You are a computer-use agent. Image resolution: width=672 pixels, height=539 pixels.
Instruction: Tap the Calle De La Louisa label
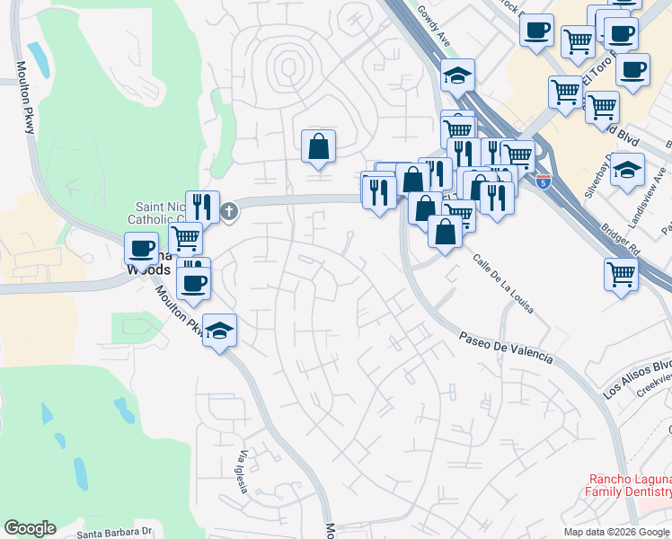[503, 284]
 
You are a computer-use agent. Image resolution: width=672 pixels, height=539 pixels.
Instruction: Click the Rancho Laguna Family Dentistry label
[628, 485]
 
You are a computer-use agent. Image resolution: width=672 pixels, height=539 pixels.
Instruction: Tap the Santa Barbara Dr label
[114, 532]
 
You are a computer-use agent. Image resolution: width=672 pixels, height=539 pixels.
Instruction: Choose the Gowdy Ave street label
[435, 26]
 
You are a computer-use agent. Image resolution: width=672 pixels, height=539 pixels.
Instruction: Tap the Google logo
[30, 528]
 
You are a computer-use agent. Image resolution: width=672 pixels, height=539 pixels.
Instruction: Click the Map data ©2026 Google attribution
[616, 532]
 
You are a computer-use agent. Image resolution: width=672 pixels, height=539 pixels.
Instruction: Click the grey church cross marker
[230, 212]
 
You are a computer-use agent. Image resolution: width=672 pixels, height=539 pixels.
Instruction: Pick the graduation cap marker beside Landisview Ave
[628, 168]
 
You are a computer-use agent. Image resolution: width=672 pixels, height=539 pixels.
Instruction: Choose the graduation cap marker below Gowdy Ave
[457, 75]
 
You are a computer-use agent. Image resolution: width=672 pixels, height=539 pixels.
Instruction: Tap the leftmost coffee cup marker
[141, 248]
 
